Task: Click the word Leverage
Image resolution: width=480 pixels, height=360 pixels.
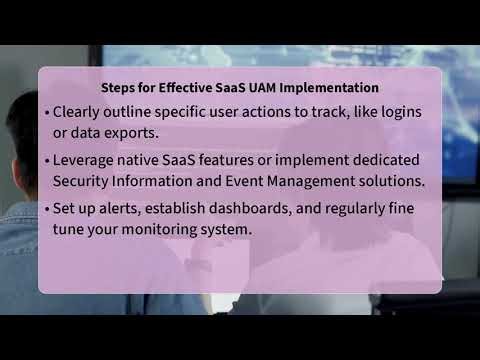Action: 87,160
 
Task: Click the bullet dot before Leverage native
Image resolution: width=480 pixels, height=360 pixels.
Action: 47,160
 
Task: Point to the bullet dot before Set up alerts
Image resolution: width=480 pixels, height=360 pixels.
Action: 47,207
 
